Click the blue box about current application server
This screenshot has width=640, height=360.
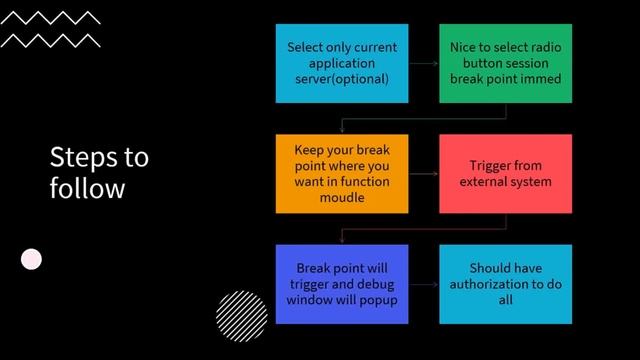[342, 63]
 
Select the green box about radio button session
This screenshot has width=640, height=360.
[505, 63]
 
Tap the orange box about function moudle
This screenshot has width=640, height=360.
[342, 173]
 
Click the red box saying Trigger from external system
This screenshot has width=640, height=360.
[505, 173]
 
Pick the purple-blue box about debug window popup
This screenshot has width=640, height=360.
[342, 284]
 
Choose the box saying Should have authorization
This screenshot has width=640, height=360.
[505, 284]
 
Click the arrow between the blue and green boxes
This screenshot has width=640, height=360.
[424, 63]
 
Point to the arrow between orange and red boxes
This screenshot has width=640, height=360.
[424, 173]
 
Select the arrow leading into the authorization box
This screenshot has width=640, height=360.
[424, 284]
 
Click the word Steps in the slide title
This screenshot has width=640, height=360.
[79, 157]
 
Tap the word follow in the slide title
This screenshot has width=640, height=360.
[87, 188]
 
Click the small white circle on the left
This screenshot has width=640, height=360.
[32, 259]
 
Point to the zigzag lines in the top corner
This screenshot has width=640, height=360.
[50, 29]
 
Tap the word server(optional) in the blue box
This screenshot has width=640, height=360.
[342, 79]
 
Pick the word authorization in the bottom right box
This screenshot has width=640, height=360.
[505, 284]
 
